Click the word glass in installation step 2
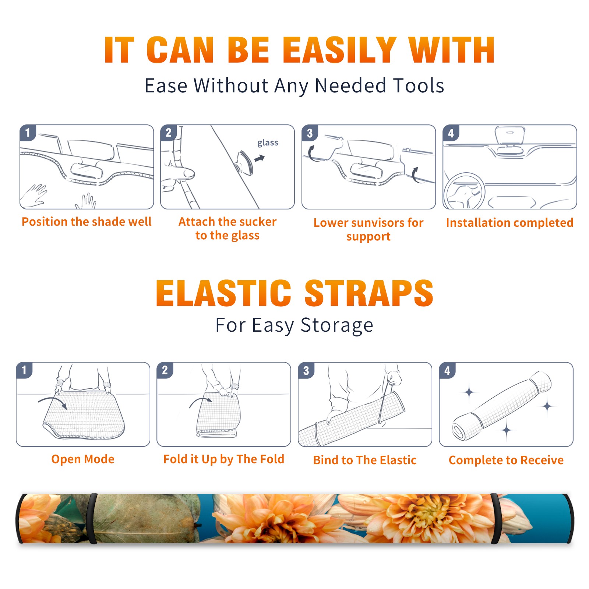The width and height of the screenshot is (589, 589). (268, 143)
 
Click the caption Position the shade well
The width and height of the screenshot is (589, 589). (87, 222)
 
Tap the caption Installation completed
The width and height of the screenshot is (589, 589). (509, 223)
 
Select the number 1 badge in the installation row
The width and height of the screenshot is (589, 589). (28, 133)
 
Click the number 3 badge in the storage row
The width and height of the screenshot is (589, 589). (306, 370)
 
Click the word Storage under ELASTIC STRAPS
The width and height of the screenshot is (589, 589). (337, 325)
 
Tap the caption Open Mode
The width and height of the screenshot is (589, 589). (83, 459)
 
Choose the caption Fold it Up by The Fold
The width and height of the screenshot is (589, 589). (224, 459)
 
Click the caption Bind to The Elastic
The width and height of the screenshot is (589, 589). (365, 460)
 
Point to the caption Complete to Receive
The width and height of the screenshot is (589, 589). (506, 460)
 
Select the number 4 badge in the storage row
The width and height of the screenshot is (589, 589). (447, 370)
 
